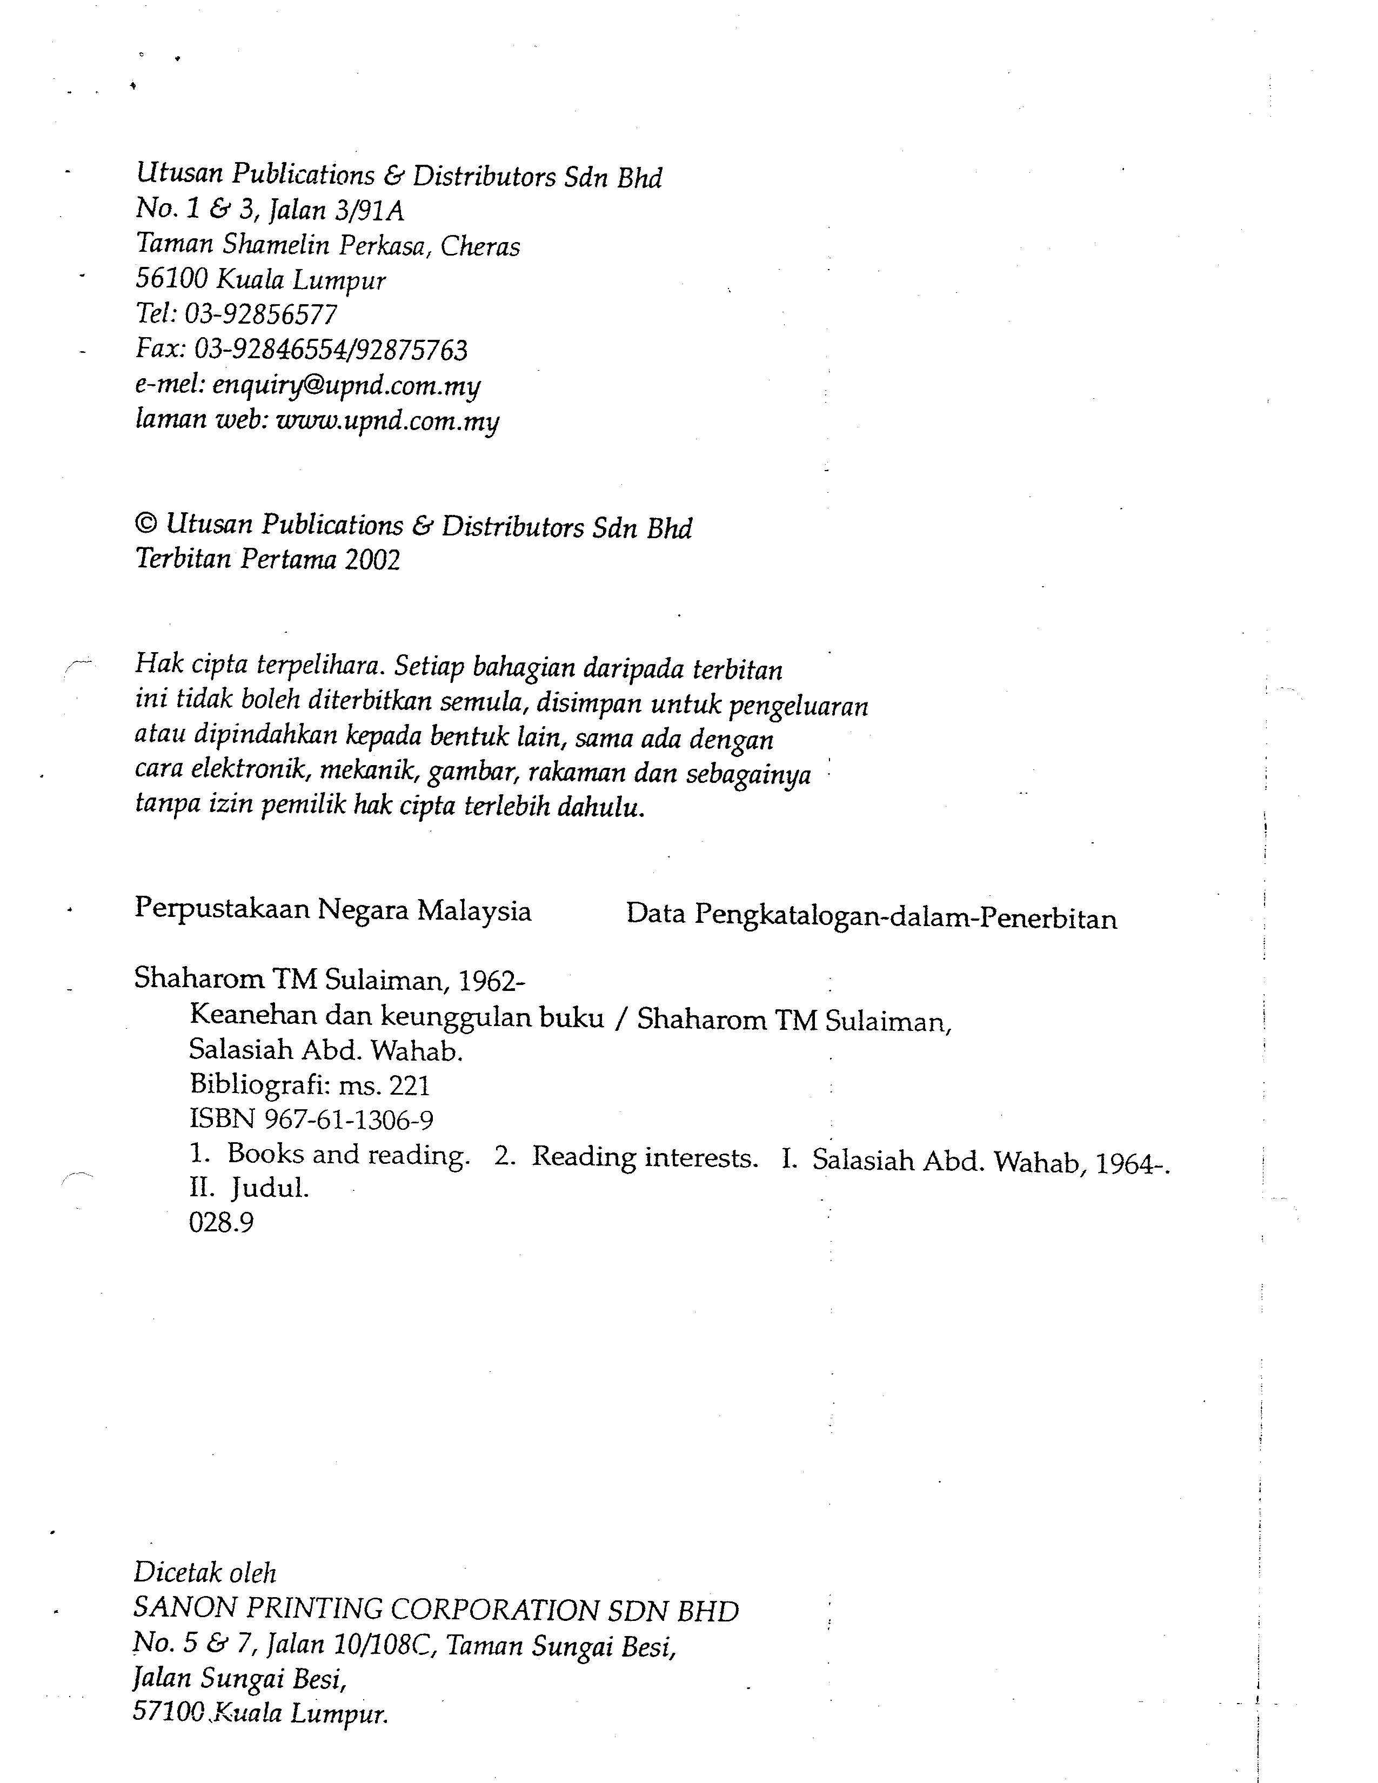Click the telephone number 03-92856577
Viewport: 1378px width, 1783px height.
(260, 314)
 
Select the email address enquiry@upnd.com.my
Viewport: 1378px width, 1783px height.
(346, 385)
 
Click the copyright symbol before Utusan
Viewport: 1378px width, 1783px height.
(145, 524)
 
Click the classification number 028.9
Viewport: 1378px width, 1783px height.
(221, 1222)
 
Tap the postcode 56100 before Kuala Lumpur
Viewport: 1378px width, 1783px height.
(171, 279)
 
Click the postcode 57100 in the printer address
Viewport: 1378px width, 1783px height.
(166, 1713)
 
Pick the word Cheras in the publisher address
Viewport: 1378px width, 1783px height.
(480, 246)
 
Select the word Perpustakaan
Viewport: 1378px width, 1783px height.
(220, 909)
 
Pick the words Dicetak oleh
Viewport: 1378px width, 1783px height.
(205, 1572)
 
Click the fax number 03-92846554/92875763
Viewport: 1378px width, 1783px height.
(331, 350)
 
